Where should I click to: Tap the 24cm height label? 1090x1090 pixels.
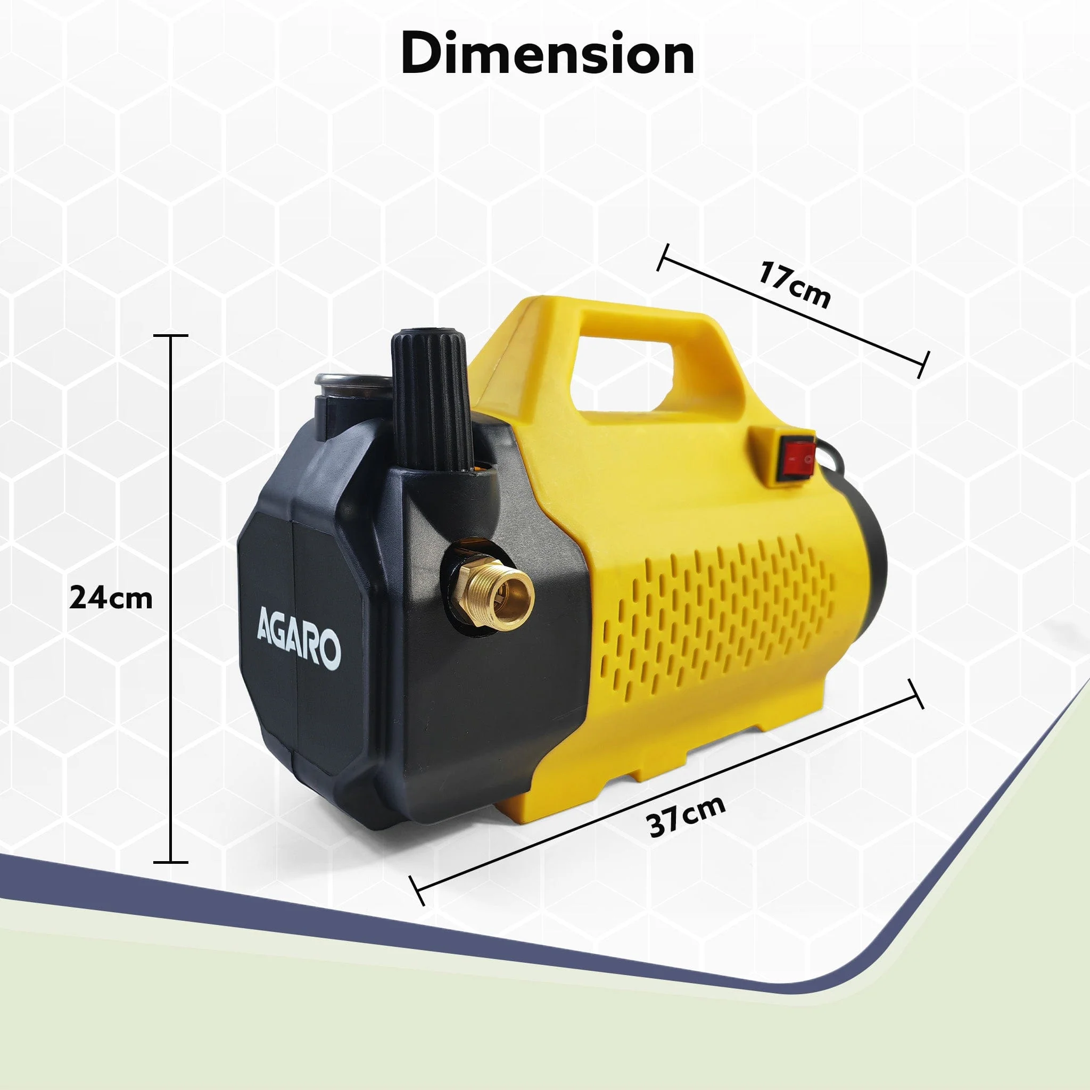tap(111, 599)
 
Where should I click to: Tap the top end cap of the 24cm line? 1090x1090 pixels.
tap(171, 335)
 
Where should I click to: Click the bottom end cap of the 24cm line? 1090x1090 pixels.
tap(171, 862)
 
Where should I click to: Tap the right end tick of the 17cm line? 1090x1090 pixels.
tap(923, 365)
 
